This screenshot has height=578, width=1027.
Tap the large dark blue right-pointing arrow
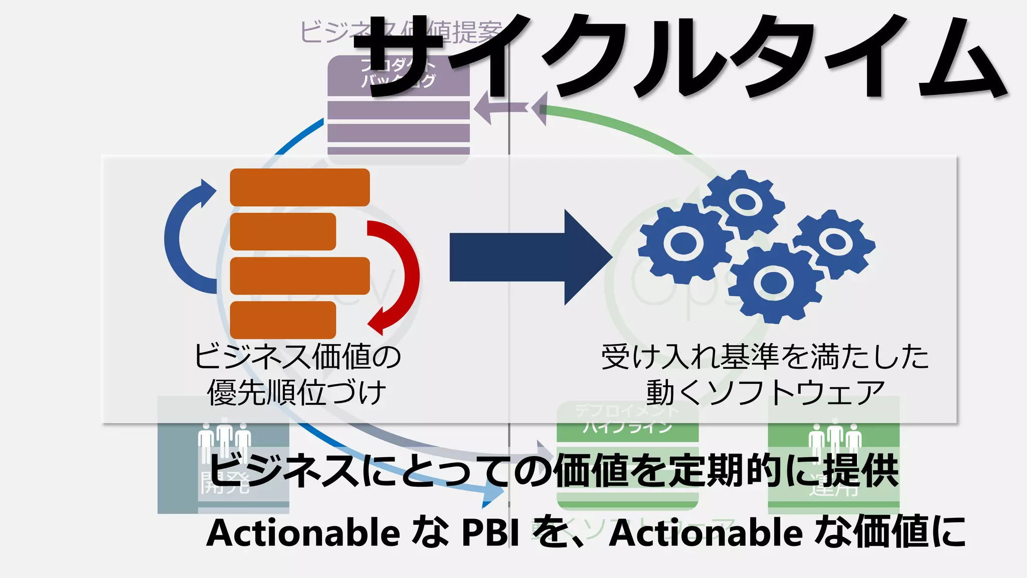(532, 257)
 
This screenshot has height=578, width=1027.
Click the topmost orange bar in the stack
(300, 187)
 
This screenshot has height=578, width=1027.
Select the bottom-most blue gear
(774, 282)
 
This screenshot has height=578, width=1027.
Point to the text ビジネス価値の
(298, 357)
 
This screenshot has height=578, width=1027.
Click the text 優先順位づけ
(297, 392)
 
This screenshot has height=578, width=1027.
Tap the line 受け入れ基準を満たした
(765, 357)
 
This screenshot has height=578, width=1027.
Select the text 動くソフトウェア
(765, 392)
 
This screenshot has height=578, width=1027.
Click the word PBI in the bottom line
(490, 532)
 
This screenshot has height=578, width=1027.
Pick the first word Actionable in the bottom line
(303, 532)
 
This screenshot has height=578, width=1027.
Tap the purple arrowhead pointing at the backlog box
(484, 107)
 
